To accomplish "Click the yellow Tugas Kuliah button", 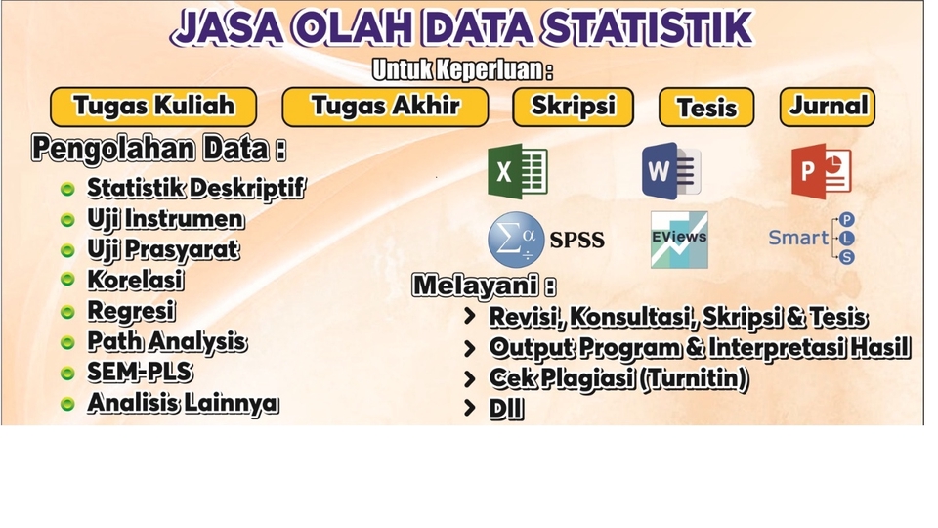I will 153,107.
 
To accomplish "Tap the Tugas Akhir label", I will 385,107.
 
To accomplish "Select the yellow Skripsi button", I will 573,107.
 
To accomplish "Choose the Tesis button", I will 705,108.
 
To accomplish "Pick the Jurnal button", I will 828,107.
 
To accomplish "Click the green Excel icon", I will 517,171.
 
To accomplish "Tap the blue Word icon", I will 671,171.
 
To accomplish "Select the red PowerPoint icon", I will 821,171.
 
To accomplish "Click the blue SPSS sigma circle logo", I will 516,240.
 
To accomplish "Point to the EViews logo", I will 679,240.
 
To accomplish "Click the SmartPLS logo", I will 812,238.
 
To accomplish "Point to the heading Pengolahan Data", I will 158,150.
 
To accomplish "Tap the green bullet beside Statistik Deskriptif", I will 67,189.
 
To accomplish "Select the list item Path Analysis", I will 166,341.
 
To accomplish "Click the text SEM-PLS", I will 139,373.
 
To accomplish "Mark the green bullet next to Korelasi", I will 67,281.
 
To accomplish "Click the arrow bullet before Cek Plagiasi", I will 470,378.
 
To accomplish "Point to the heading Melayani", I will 484,286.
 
